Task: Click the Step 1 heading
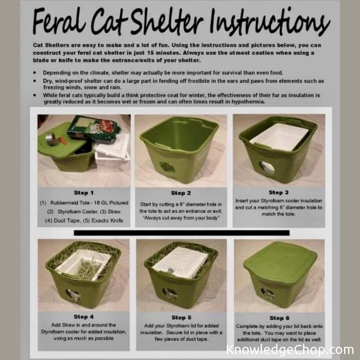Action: click(x=84, y=193)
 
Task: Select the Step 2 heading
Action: click(x=181, y=193)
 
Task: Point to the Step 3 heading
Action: click(x=279, y=192)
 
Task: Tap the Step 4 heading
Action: click(x=84, y=317)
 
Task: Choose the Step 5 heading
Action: click(x=181, y=318)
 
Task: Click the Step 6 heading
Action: click(x=279, y=318)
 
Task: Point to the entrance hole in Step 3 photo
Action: click(x=267, y=167)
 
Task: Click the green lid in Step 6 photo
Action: click(x=280, y=262)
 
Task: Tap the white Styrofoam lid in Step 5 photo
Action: click(x=180, y=262)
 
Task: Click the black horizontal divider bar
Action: click(x=181, y=233)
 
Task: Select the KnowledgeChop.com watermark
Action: click(x=290, y=350)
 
